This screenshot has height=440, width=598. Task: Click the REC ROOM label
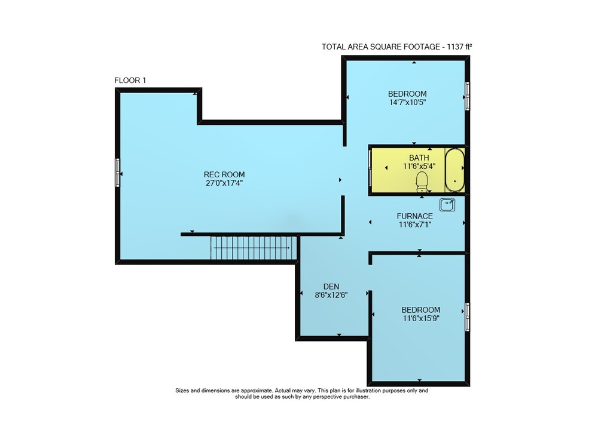click(224, 174)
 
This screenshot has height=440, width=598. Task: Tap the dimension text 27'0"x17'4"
click(224, 183)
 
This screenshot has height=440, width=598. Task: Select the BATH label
click(419, 158)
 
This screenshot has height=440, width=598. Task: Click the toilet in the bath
click(422, 181)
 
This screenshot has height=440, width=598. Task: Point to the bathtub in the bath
click(454, 171)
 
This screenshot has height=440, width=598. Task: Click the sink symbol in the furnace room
click(447, 205)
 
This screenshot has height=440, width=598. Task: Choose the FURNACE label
click(414, 216)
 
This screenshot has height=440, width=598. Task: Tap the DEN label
click(331, 287)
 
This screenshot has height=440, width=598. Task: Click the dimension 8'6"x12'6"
click(331, 295)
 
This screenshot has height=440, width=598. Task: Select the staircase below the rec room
click(254, 248)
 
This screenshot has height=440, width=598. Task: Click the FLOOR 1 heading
click(130, 81)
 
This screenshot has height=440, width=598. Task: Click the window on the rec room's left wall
click(117, 173)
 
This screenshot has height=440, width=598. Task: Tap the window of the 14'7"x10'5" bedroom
click(467, 96)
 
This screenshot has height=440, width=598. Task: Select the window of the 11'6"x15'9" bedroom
click(467, 317)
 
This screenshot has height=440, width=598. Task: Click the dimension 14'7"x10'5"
click(407, 102)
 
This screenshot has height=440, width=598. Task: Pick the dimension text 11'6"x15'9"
click(420, 318)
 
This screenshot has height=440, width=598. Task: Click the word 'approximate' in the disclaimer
click(257, 390)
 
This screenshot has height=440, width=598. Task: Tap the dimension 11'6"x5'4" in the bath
click(419, 167)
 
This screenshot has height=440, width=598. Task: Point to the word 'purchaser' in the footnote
click(356, 396)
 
